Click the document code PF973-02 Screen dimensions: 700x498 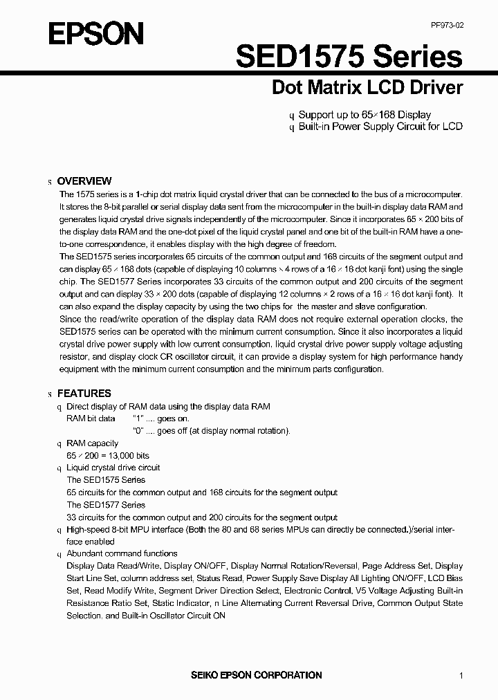coord(447,25)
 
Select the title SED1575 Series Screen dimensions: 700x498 coord(349,57)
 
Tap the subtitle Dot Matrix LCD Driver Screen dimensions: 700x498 coord(367,88)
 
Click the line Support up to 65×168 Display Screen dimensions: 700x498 coord(365,115)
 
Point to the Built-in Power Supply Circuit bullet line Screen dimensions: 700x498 coord(380,127)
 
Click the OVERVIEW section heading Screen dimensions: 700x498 coord(84,181)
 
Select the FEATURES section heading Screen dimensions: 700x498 coord(84,393)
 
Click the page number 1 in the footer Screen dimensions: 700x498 coord(461,675)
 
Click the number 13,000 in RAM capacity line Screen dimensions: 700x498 coord(125,455)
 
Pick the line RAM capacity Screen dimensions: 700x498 coord(92,443)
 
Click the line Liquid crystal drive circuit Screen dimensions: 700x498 coord(113,468)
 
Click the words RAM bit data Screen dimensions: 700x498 coord(91,418)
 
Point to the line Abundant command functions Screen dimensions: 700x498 coord(122,553)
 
